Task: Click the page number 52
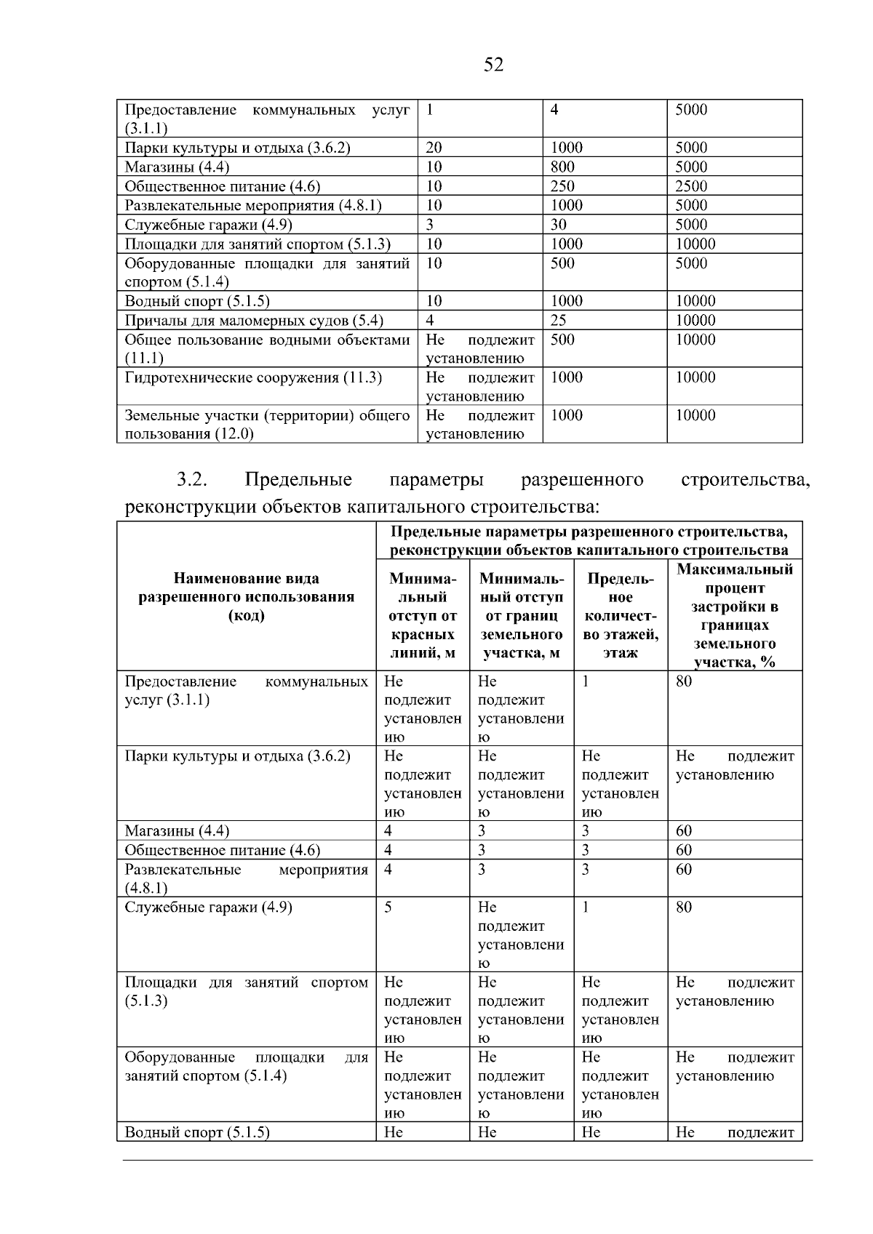[x=493, y=65]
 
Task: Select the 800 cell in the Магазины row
[x=562, y=167]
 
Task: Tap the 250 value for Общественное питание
[x=562, y=186]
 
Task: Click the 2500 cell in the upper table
[x=690, y=186]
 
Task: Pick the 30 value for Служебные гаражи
[x=558, y=225]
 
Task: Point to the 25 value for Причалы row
[x=558, y=321]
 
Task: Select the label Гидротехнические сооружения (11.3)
[x=253, y=378]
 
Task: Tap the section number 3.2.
[x=192, y=480]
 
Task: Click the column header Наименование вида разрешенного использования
[x=247, y=597]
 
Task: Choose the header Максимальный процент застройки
[x=735, y=615]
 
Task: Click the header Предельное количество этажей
[x=621, y=615]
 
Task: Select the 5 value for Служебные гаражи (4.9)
[x=388, y=908]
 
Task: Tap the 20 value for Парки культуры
[x=434, y=148]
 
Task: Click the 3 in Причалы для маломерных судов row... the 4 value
[x=430, y=321]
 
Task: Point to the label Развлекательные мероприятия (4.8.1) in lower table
[x=247, y=878]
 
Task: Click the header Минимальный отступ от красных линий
[x=423, y=615]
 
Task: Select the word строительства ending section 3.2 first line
[x=746, y=480]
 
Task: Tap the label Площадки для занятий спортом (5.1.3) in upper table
[x=258, y=244]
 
